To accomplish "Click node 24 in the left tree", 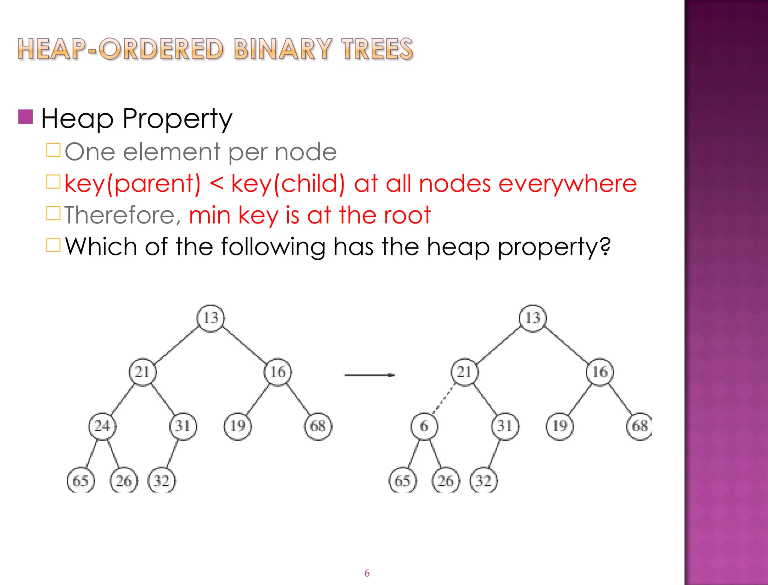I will tap(102, 426).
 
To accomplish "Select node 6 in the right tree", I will tap(424, 426).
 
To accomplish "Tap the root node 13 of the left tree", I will tap(211, 318).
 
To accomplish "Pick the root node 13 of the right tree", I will tap(532, 318).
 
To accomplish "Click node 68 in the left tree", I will tap(318, 426).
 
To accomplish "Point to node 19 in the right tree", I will tap(559, 426).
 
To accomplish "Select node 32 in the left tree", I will tap(162, 481).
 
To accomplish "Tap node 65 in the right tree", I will tap(402, 481).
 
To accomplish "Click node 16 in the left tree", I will tap(278, 372).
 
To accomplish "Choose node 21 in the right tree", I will tap(465, 372).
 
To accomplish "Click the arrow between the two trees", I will tap(369, 375).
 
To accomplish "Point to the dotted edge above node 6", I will tap(443, 400).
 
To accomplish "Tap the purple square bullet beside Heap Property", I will tap(25, 117).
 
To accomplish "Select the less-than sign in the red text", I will tap(216, 184).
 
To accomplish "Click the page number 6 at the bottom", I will tap(367, 573).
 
